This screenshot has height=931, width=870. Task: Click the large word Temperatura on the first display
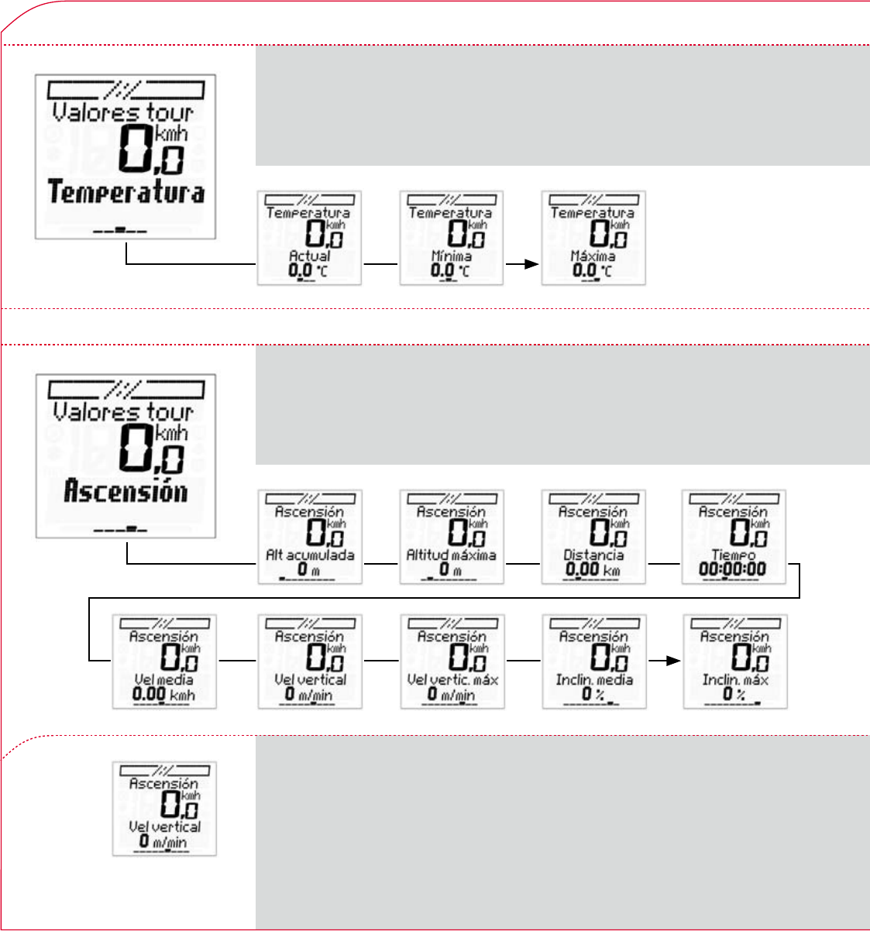126,191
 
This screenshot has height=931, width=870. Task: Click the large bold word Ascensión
126,491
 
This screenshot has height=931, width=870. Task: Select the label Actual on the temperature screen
309,255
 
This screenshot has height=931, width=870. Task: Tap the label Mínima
451,255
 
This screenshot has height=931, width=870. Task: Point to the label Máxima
593,255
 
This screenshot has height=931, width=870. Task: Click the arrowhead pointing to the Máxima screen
531,264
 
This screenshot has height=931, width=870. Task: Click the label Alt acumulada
310,555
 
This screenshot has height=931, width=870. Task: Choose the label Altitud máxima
452,555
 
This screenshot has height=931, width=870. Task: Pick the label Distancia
593,555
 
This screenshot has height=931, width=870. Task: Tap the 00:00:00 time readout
732,569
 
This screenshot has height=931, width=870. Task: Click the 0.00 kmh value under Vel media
163,694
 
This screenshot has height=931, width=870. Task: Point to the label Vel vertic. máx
452,679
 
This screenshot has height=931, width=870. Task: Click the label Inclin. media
594,679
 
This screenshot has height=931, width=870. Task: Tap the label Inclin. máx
735,679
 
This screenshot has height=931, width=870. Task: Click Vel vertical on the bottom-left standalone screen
164,826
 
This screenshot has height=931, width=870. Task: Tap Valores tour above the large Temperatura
122,112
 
